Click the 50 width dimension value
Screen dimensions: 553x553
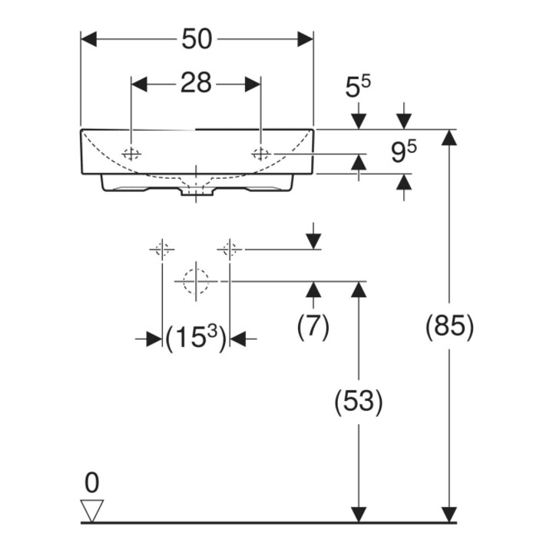pyautogui.click(x=197, y=39)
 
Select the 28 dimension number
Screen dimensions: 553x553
pyautogui.click(x=196, y=84)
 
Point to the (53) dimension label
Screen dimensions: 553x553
pyautogui.click(x=359, y=402)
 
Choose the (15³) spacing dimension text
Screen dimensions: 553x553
pyautogui.click(x=195, y=338)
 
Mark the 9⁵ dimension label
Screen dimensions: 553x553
pyautogui.click(x=404, y=151)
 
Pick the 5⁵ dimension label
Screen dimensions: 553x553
pyautogui.click(x=358, y=87)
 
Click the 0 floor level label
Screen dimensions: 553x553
pyautogui.click(x=91, y=483)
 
